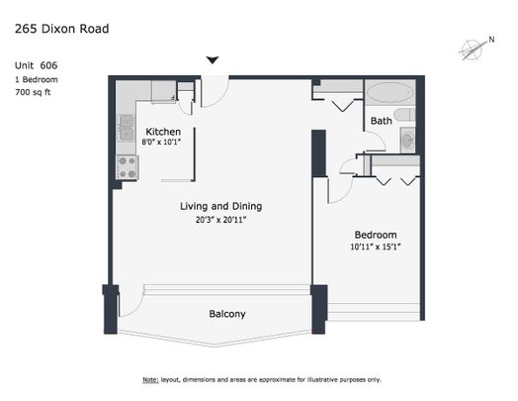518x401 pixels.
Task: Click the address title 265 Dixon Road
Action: [61, 29]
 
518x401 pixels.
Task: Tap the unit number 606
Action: [49, 65]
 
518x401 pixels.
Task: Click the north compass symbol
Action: [474, 48]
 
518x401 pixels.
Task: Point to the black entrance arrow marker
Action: [212, 60]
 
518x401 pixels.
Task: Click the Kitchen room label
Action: [162, 132]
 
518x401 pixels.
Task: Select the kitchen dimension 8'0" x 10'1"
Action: [162, 144]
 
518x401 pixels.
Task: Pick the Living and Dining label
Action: [220, 206]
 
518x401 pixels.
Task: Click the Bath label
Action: [381, 121]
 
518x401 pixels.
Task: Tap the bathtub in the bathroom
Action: [389, 94]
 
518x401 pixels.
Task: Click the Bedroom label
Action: [375, 235]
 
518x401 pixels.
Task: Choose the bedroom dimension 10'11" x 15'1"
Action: [375, 248]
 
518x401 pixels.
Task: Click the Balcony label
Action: [226, 314]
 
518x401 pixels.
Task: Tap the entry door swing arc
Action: [215, 92]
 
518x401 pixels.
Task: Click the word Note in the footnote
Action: [150, 380]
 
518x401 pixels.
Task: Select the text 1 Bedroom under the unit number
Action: [37, 78]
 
